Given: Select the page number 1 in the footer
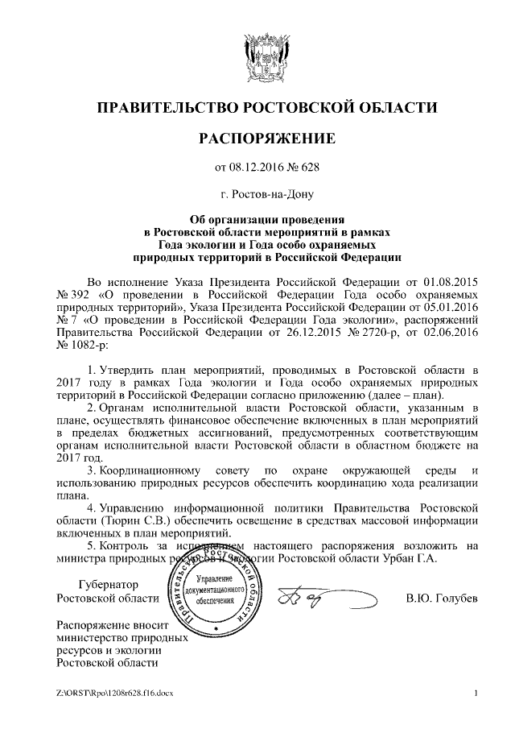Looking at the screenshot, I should [476, 693].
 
